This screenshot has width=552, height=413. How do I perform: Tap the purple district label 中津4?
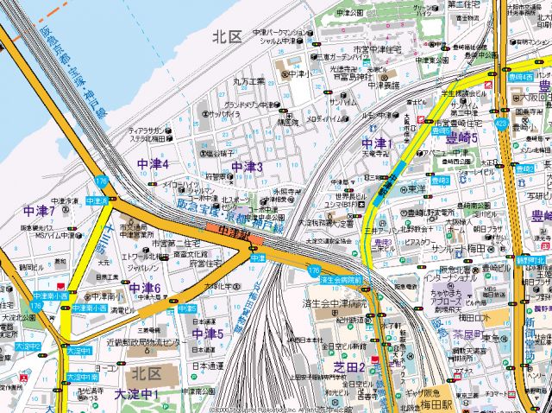pyautogui.click(x=153, y=164)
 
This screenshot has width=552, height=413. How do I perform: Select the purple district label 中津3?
pyautogui.click(x=247, y=166)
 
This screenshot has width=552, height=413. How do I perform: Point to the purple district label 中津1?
pyautogui.click(x=377, y=143)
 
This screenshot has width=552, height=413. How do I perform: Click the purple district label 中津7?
pyautogui.click(x=40, y=211)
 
